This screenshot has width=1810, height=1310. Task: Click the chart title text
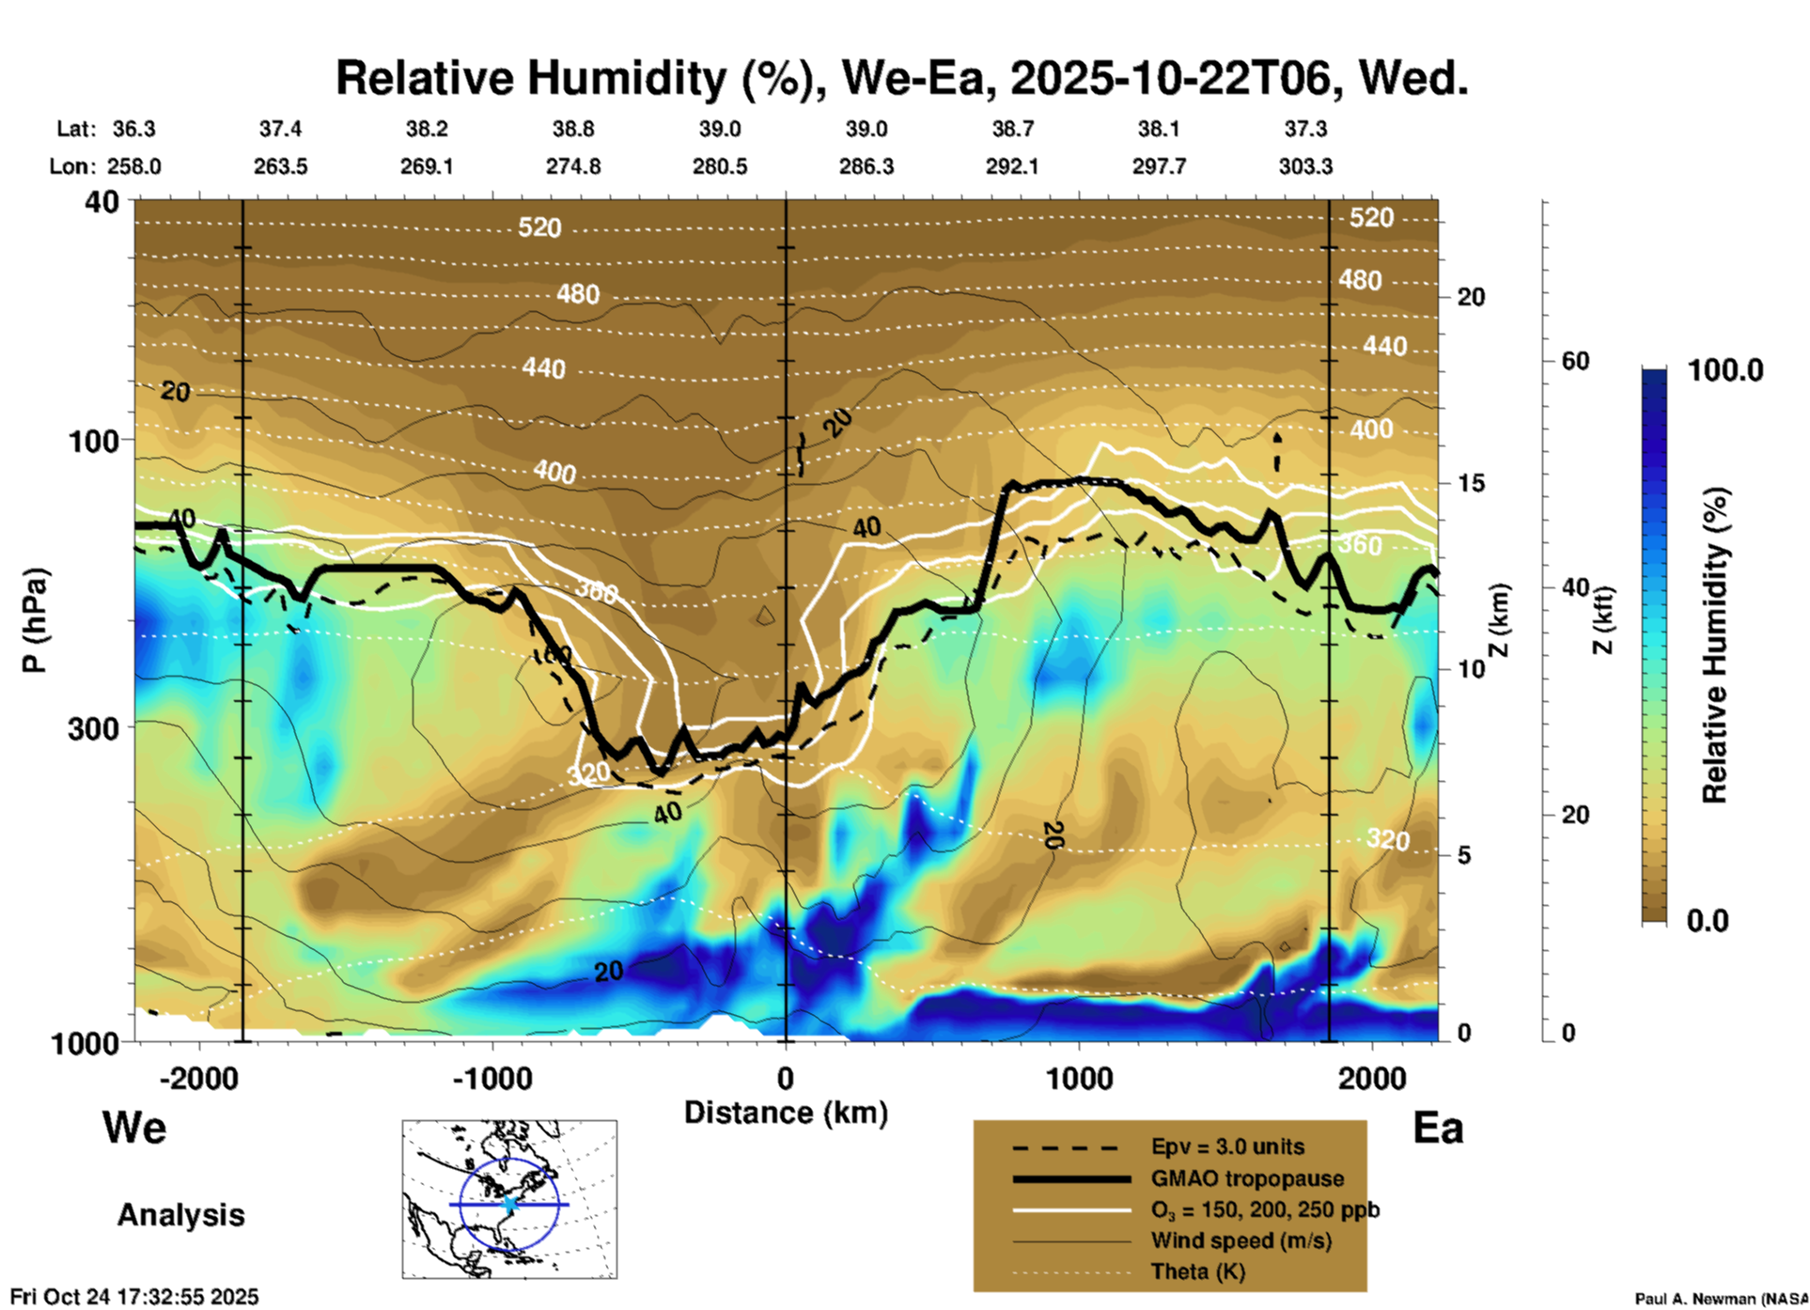click(x=901, y=78)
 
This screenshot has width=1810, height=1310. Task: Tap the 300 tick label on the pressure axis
click(x=94, y=728)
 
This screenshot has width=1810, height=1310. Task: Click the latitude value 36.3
click(x=133, y=129)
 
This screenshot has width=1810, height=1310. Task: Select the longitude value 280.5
click(x=720, y=166)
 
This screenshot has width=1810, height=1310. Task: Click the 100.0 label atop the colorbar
click(x=1725, y=370)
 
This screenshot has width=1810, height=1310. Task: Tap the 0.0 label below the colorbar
click(x=1708, y=920)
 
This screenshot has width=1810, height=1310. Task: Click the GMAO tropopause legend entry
click(x=1247, y=1178)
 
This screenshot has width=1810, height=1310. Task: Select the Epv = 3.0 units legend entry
click(x=1227, y=1146)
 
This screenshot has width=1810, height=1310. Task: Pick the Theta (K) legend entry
click(x=1197, y=1271)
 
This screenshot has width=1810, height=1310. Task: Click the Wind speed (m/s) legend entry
click(x=1240, y=1240)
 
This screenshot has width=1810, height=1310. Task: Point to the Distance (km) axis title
click(x=786, y=1113)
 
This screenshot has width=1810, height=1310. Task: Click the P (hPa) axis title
click(x=35, y=620)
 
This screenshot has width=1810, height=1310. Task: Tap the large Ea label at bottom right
click(x=1438, y=1128)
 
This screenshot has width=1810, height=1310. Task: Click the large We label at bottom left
click(x=134, y=1127)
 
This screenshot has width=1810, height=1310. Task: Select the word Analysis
click(x=180, y=1215)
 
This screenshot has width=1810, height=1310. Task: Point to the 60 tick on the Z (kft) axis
click(x=1575, y=361)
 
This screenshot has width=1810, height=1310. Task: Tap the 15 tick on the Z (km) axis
click(x=1471, y=483)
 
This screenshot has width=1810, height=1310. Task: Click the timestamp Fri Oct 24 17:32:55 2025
click(x=134, y=1297)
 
